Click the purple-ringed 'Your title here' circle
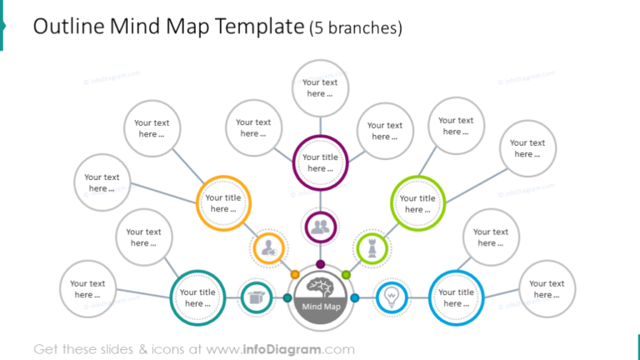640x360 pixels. [320, 162]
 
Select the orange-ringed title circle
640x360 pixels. [222, 203]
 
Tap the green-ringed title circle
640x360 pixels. [417, 203]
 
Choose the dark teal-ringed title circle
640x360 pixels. [197, 297]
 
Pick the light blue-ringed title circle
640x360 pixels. [456, 297]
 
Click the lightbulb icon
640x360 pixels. [390, 297]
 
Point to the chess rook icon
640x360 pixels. [370, 247]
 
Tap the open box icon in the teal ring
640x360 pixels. [257, 297]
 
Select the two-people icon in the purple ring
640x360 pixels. [320, 226]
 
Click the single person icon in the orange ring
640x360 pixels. [269, 247]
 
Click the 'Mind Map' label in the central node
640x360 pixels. [321, 307]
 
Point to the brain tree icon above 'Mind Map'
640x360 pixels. [321, 287]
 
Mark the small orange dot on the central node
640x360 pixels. [294, 274]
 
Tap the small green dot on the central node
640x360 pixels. [347, 274]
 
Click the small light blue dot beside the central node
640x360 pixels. [354, 297]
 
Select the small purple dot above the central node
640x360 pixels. [320, 264]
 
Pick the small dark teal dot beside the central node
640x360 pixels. [287, 297]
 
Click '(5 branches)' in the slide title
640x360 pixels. [356, 28]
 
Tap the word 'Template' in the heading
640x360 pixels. [258, 27]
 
